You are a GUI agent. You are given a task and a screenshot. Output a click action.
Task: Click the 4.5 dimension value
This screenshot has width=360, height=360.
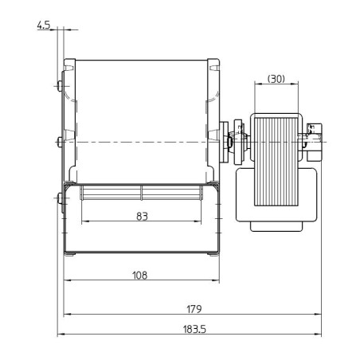(43, 25)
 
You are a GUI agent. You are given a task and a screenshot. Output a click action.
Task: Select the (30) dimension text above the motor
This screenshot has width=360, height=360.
(276, 78)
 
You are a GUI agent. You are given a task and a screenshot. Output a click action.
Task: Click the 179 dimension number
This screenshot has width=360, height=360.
(194, 308)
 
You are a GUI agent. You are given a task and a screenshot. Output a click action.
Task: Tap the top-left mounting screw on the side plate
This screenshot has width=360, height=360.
(61, 85)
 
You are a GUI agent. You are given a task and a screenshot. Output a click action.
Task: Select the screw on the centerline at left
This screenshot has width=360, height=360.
(60, 142)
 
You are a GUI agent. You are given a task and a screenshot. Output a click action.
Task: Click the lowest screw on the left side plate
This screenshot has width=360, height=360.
(61, 198)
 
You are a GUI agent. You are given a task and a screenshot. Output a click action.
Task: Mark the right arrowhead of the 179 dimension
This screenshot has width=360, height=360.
(318, 315)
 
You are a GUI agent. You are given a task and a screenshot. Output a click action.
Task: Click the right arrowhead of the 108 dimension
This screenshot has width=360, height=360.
(219, 280)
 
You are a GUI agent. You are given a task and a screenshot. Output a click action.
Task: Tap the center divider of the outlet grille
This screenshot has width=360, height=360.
(142, 192)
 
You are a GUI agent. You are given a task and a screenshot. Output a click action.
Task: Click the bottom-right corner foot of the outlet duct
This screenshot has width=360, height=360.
(214, 253)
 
